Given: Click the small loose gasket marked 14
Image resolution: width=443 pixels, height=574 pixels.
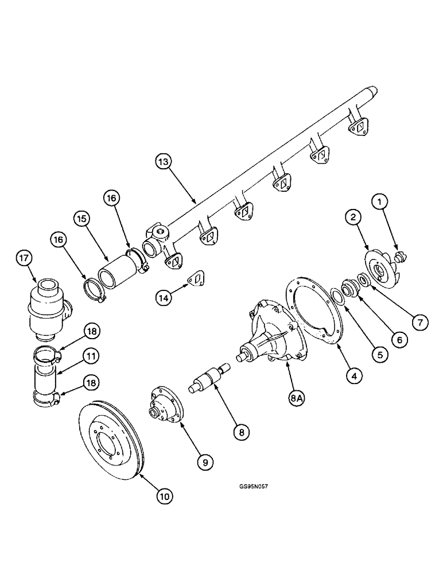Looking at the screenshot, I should click(197, 278).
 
